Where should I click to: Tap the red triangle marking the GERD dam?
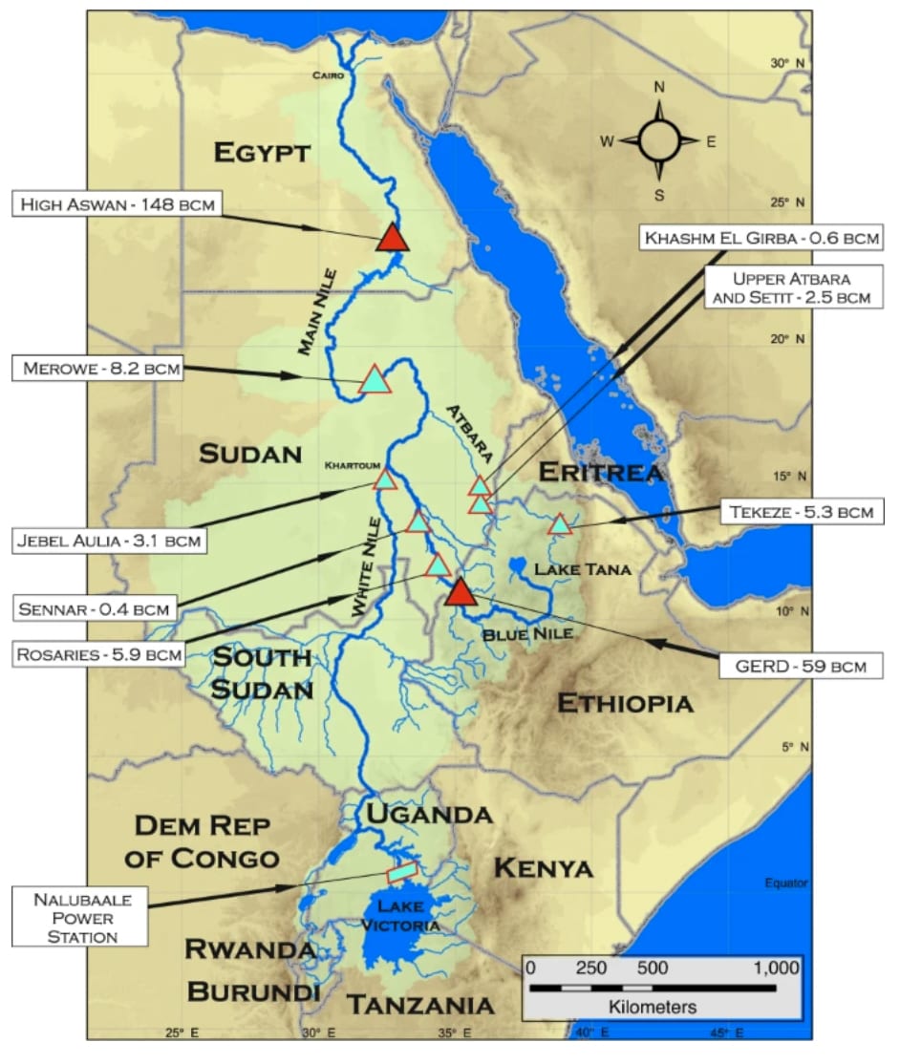tap(461, 593)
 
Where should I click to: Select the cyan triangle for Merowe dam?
tap(375, 380)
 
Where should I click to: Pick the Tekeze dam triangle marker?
tap(560, 524)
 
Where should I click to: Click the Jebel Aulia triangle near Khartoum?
tap(384, 479)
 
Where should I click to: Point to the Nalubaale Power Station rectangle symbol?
tap(402, 872)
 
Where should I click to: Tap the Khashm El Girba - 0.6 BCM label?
tap(761, 236)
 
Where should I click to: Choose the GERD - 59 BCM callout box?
tap(795, 664)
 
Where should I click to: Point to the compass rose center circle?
tap(658, 140)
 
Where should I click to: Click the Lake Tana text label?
tap(569, 569)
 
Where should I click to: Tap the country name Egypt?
tap(263, 152)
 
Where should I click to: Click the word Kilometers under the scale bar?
tap(653, 1007)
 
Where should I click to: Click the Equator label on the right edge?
tap(786, 883)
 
